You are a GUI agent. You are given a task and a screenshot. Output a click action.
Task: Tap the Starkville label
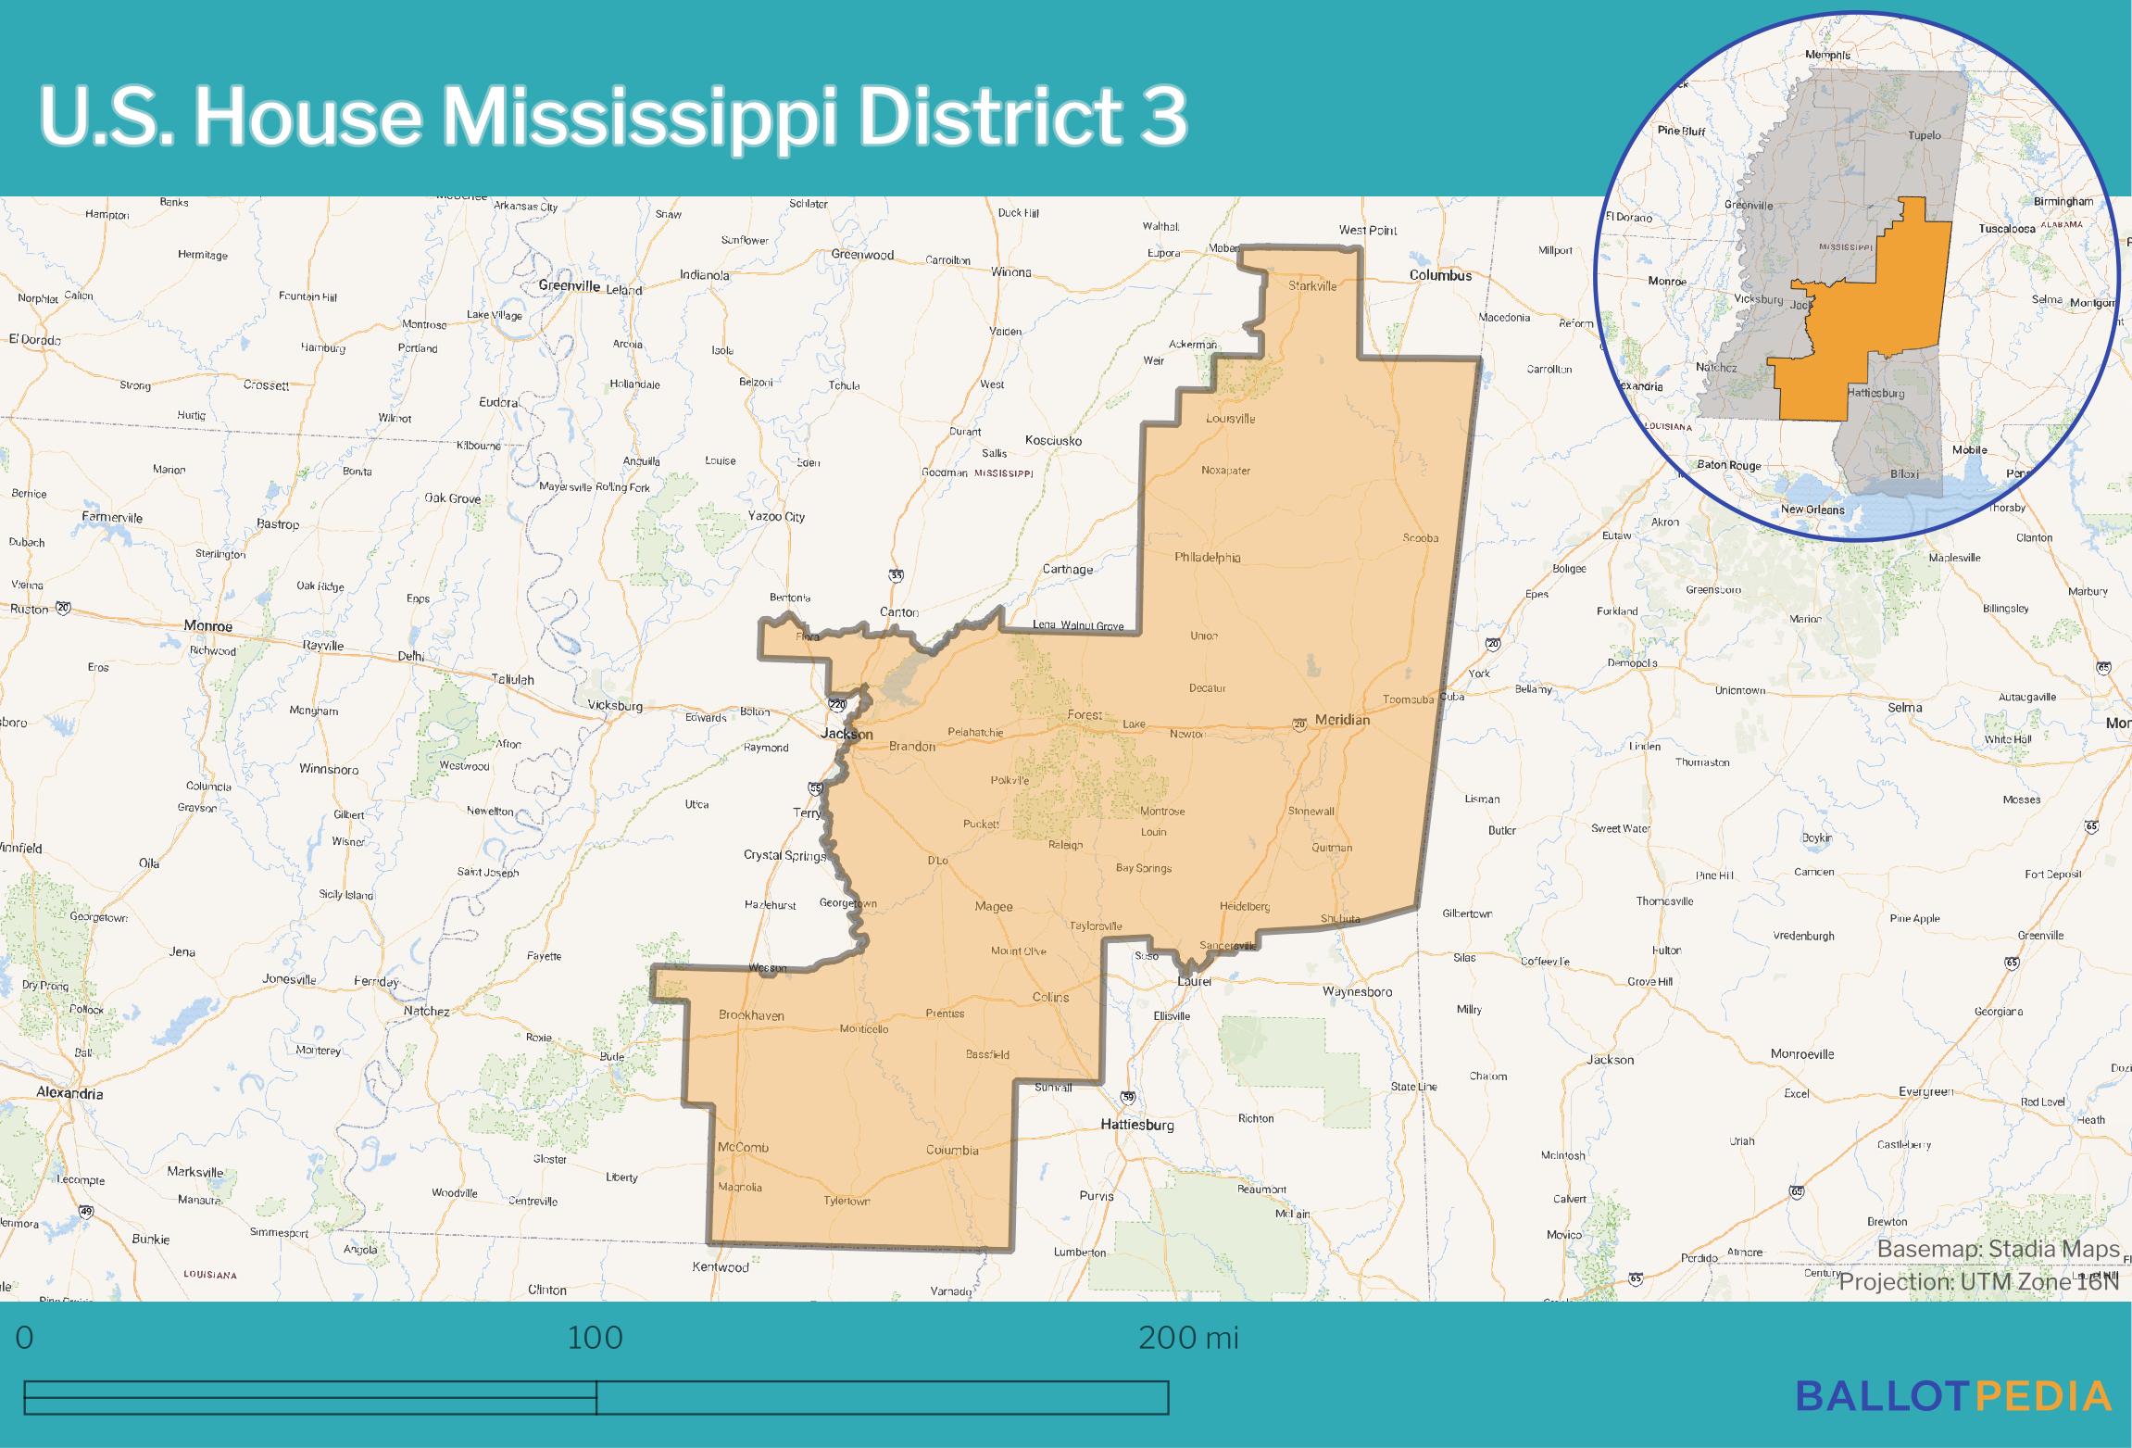pos(1312,286)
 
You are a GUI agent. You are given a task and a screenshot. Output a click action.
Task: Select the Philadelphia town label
pos(1207,558)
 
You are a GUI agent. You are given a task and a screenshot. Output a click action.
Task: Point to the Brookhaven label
pos(751,1015)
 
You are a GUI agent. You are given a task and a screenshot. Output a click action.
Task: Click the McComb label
pos(743,1147)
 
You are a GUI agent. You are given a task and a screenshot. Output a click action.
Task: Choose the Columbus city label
pos(1440,275)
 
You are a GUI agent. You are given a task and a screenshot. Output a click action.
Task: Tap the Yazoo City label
pos(776,517)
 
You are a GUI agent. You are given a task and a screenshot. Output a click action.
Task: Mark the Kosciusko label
pos(1053,441)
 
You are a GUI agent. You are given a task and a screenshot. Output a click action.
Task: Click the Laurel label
pos(1194,981)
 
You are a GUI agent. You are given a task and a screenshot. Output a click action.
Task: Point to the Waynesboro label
pos(1357,992)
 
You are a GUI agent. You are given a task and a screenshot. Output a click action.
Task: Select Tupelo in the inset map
pos(1924,135)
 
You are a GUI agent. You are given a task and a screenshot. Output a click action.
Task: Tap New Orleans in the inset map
pos(1812,510)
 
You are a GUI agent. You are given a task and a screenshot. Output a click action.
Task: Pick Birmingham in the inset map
pos(2063,202)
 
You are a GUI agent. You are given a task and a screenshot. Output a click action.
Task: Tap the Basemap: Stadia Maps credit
pos(1998,1250)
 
